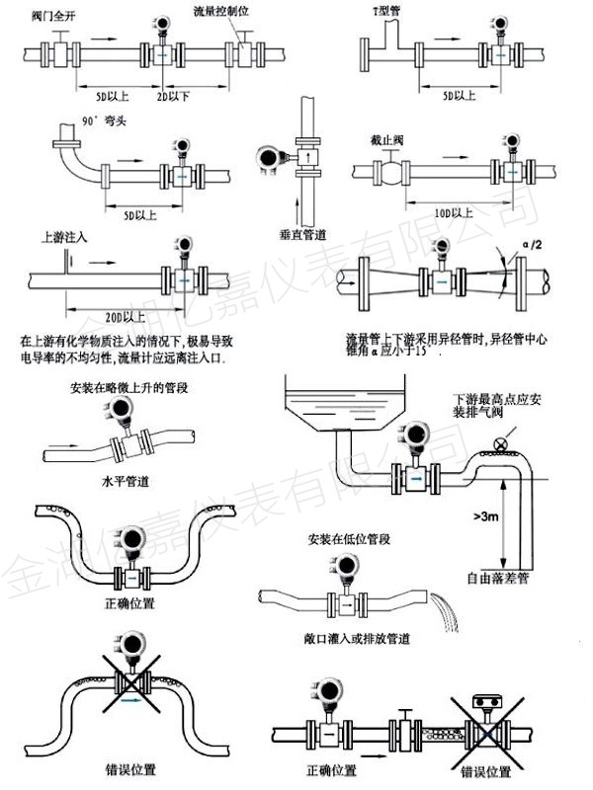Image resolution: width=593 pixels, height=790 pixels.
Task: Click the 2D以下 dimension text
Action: tap(175, 100)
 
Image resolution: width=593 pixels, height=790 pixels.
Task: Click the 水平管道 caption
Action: tap(122, 483)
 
